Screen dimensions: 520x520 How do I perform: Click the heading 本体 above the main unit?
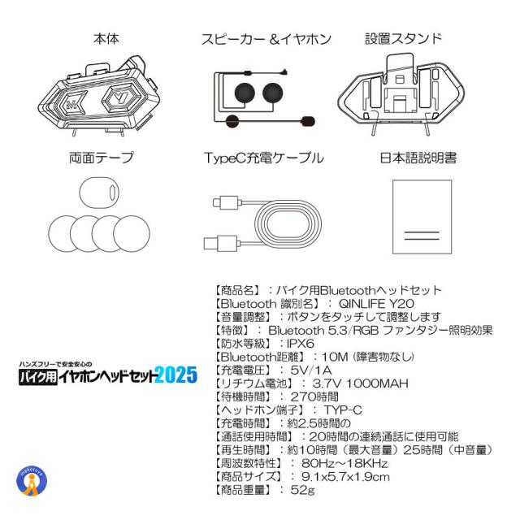point(106,39)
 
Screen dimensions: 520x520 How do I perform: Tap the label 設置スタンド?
point(403,38)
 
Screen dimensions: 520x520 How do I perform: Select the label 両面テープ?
point(102,158)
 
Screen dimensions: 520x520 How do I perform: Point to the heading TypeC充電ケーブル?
point(264,158)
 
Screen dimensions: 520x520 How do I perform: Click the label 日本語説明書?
point(418,158)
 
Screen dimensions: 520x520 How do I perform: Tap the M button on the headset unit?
point(71,104)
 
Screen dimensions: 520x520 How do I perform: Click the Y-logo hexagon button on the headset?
point(119,97)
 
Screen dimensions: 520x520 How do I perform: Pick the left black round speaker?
point(245,93)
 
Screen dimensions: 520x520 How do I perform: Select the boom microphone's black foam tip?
point(308,121)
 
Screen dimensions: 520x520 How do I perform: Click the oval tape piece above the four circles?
point(99,193)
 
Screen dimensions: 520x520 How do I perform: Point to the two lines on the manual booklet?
point(422,236)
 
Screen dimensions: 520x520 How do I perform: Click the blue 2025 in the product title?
point(176,375)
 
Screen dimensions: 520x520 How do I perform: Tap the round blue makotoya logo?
point(32,480)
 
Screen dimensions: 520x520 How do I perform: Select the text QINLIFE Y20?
point(376,303)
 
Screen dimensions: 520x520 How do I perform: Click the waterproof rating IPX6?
point(301,344)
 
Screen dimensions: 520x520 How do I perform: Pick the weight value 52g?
point(302,490)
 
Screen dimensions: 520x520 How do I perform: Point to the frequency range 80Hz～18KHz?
point(344,463)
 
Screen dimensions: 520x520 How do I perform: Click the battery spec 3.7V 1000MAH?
point(360,383)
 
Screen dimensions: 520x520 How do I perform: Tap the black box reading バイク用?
point(38,376)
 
